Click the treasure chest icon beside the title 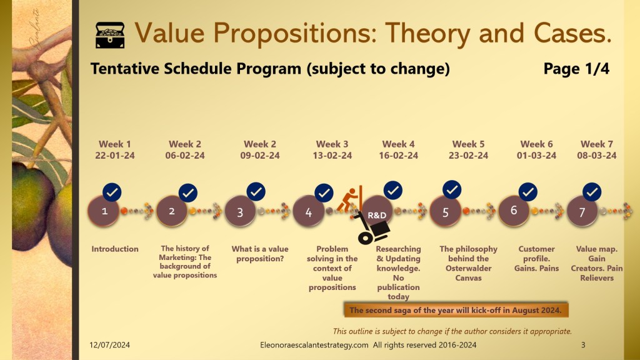(x=110, y=35)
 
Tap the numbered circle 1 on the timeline (x=104, y=211)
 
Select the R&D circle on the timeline (x=377, y=211)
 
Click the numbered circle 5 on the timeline (x=445, y=211)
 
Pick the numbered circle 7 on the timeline (x=582, y=211)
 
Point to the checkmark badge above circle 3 (x=256, y=192)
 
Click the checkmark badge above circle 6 (x=527, y=192)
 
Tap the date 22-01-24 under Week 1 (x=115, y=156)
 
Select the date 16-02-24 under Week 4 (x=398, y=156)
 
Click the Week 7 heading (x=597, y=144)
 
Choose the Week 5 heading (x=468, y=144)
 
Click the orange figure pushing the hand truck (x=350, y=199)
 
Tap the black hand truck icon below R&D (x=371, y=229)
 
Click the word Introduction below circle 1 (x=115, y=249)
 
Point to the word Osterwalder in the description (x=468, y=268)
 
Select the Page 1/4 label (x=576, y=69)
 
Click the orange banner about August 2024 (x=456, y=310)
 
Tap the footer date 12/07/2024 (x=109, y=345)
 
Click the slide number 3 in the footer (x=583, y=345)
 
